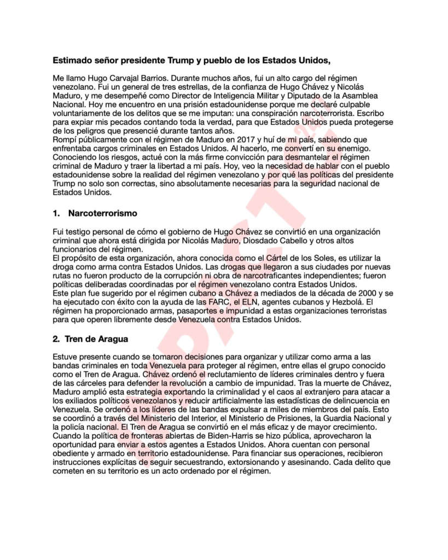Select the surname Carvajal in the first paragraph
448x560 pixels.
[119, 79]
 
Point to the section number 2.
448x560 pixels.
[56, 339]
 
